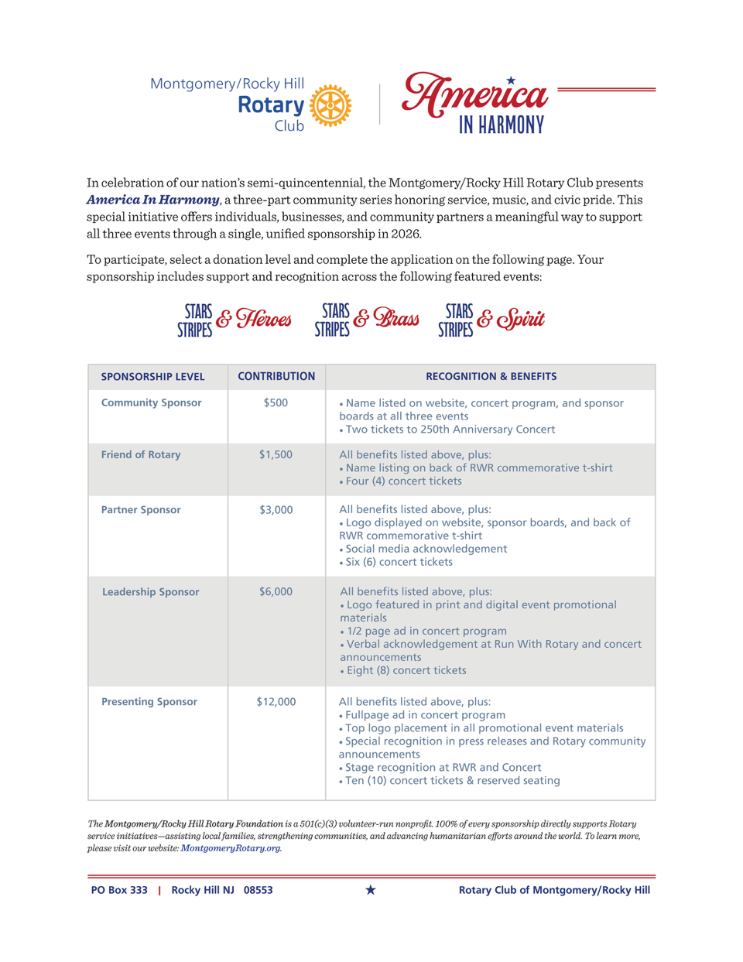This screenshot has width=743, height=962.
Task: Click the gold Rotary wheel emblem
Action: [330, 105]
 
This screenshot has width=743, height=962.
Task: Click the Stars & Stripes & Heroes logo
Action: [235, 320]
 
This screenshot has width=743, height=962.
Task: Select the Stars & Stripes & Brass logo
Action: [367, 320]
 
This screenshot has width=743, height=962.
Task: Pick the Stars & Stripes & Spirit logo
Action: [491, 320]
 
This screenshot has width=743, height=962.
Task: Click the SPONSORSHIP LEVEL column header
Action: [152, 377]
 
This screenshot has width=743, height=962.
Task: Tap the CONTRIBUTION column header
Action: [276, 376]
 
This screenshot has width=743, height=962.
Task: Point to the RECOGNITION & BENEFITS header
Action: [491, 376]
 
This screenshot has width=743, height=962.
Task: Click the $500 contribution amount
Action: [276, 402]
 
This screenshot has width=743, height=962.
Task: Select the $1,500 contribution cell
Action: [276, 454]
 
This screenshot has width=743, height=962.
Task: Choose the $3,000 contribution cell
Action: [276, 509]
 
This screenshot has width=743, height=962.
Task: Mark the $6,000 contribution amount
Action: [276, 591]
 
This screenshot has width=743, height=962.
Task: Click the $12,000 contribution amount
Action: [276, 701]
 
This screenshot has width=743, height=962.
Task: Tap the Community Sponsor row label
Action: [151, 402]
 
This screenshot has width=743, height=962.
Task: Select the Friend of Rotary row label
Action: [141, 454]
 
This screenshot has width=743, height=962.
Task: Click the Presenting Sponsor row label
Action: [149, 701]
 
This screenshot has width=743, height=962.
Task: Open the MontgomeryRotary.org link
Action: [231, 848]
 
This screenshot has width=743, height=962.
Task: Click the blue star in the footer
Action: [371, 890]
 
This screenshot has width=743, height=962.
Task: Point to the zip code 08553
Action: [258, 890]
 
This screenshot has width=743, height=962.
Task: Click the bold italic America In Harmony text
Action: [152, 200]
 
